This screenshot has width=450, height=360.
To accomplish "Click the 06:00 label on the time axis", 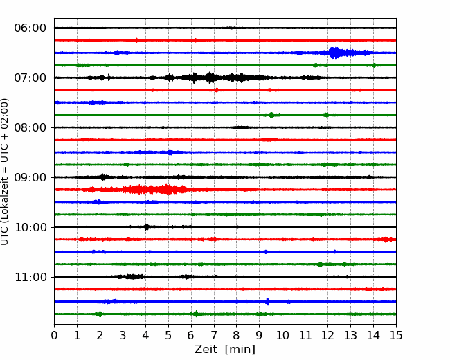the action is (x=30, y=28).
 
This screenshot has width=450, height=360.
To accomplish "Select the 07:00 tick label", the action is (x=30, y=78).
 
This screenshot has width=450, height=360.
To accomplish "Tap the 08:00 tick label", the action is (x=30, y=127).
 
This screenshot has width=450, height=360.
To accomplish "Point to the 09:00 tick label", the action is (x=30, y=177).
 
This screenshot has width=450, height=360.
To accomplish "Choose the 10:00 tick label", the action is (x=30, y=227).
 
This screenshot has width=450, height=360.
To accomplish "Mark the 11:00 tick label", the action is (x=30, y=277).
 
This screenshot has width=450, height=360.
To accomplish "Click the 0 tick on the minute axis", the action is (x=54, y=335).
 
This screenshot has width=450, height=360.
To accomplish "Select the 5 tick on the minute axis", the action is (x=168, y=335).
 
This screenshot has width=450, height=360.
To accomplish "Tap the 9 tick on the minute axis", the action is (x=260, y=335).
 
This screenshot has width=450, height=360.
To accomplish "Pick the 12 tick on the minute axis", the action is (x=327, y=335).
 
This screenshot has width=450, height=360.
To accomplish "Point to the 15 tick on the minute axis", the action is (x=396, y=335).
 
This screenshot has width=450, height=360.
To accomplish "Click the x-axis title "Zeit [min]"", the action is (x=225, y=350).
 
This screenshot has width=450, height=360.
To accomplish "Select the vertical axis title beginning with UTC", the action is (x=5, y=172).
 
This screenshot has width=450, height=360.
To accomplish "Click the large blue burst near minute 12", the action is (x=334, y=53).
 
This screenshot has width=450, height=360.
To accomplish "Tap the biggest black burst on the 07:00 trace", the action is (x=211, y=78).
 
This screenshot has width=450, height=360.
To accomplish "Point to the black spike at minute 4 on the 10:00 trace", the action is (x=146, y=227).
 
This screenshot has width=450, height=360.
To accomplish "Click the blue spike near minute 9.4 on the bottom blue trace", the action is (x=267, y=301).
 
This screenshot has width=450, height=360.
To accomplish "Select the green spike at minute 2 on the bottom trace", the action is (x=100, y=314).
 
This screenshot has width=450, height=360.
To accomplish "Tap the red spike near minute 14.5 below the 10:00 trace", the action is (x=386, y=240).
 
